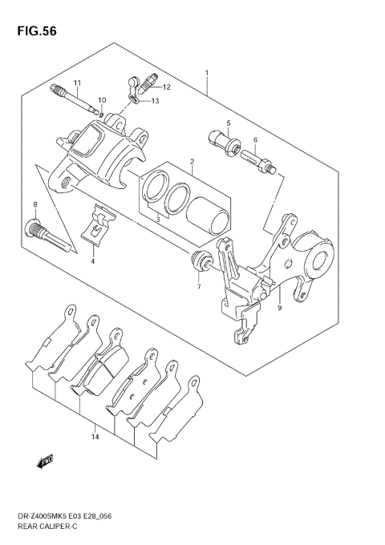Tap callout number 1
tap(207, 74)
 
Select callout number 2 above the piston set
tap(192, 162)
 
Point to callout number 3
tap(157, 219)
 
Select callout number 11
tap(78, 83)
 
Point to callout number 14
tap(95, 437)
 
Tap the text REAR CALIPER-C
tap(50, 529)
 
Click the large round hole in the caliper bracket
tap(325, 260)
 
